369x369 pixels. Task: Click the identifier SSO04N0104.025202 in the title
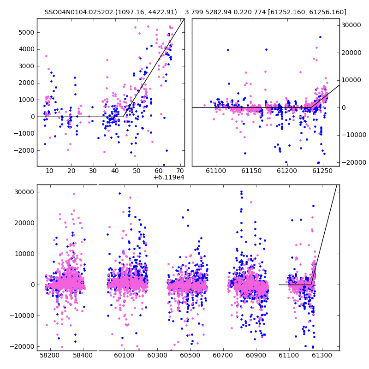point(79,12)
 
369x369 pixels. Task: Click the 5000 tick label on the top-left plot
point(26,32)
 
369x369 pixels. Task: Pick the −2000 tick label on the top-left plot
point(24,151)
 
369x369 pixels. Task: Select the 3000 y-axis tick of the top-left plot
point(26,66)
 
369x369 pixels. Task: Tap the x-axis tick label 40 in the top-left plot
point(115,171)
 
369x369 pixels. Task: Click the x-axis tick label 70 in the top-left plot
point(180,171)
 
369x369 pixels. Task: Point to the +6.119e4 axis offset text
point(169,178)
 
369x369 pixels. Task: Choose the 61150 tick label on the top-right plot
point(251,171)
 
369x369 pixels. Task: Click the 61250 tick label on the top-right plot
point(322,171)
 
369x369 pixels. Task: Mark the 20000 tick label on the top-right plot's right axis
point(351,53)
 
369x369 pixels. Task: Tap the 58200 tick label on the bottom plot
point(50,355)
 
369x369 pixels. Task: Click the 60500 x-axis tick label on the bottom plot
point(190,355)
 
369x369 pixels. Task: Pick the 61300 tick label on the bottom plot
point(321,355)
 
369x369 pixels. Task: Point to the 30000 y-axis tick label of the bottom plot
point(24,192)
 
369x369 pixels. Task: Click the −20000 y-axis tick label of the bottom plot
point(22,347)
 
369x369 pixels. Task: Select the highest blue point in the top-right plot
point(320,37)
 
